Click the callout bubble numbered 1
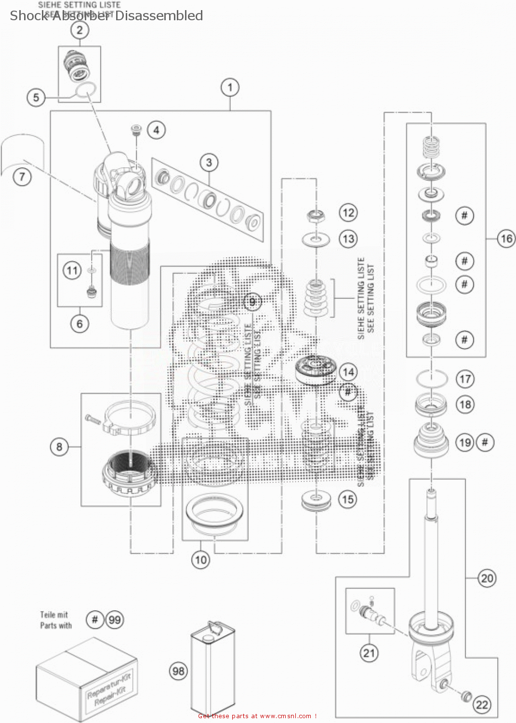[x=230, y=88]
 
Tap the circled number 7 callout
[x=22, y=177]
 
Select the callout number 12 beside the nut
[x=348, y=213]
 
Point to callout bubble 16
[x=506, y=238]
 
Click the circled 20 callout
[x=487, y=578]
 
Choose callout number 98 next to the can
[x=178, y=671]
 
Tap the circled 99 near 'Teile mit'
[x=115, y=619]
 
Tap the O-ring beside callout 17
[x=431, y=378]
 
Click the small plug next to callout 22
[x=466, y=696]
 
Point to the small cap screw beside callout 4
[x=136, y=130]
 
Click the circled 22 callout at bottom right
[x=482, y=704]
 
